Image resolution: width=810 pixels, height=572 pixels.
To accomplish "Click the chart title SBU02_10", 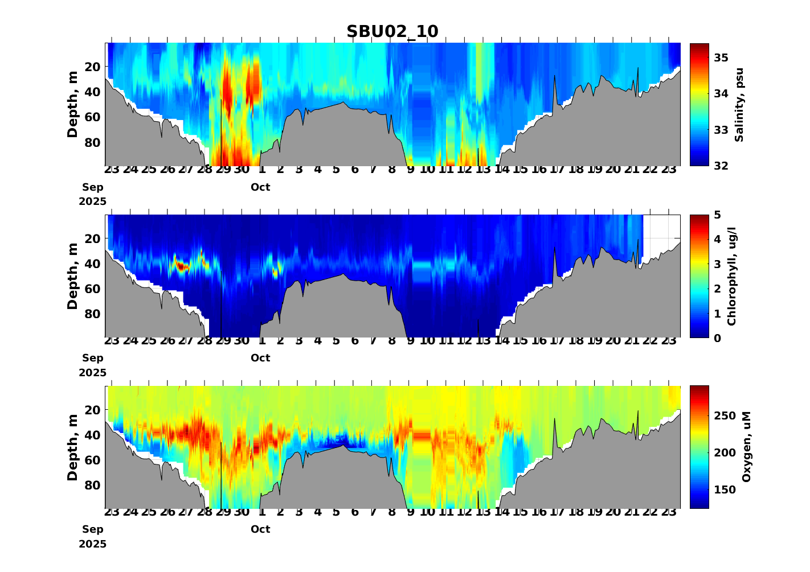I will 392,32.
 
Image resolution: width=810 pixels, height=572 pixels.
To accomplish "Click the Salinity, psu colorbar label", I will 739,105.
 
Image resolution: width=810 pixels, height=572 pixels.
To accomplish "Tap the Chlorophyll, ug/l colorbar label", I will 733,276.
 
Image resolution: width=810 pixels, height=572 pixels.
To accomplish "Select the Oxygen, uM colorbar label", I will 747,447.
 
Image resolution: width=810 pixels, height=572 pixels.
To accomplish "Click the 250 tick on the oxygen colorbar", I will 725,416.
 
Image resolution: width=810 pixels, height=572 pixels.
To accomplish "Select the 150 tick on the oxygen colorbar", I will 725,490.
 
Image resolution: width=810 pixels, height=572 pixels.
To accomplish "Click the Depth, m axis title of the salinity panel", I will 72,105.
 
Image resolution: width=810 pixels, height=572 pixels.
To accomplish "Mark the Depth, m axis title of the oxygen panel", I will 72,447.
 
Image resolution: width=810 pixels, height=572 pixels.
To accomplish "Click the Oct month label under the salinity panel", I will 260,187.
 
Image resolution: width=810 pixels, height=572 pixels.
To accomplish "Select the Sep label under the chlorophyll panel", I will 93,358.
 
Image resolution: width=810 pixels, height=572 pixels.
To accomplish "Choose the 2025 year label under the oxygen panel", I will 93,544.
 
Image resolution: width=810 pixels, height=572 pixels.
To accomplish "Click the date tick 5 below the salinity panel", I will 336,170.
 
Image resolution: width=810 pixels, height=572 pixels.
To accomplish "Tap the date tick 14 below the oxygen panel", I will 502,512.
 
